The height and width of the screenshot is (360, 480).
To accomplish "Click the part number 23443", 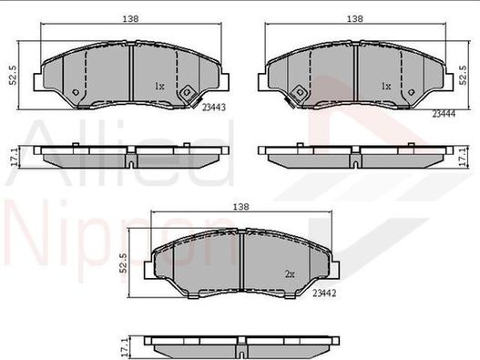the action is pyautogui.click(x=214, y=108).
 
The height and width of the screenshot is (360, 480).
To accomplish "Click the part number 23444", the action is pyautogui.click(x=444, y=114).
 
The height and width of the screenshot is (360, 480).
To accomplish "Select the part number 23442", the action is pyautogui.click(x=324, y=293).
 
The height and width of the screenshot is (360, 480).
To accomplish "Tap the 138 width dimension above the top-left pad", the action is pyautogui.click(x=131, y=19).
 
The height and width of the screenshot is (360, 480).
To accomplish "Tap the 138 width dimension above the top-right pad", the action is pyautogui.click(x=355, y=19).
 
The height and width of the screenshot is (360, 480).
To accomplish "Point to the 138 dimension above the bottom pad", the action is pyautogui.click(x=241, y=207).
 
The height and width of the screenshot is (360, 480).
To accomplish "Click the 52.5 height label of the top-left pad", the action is pyautogui.click(x=14, y=75).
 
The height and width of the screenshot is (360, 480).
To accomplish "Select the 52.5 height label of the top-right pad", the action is pyautogui.click(x=464, y=75).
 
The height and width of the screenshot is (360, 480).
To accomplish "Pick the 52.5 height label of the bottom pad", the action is pyautogui.click(x=123, y=262).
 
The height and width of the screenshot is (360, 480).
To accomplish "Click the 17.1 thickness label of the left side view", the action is pyautogui.click(x=14, y=158).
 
